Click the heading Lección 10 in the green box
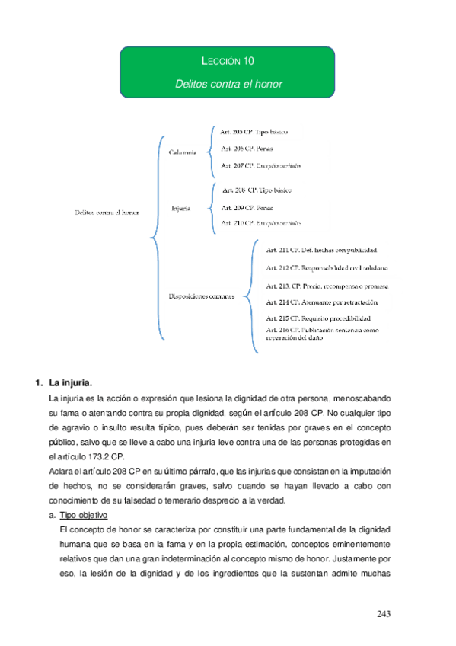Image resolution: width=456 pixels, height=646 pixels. tap(228, 62)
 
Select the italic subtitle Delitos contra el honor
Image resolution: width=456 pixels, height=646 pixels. tap(228, 83)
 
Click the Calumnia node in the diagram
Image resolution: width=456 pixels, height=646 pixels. tap(182, 152)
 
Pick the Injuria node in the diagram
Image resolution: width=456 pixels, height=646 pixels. tap(181, 208)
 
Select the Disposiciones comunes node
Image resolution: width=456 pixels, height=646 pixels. tap(201, 296)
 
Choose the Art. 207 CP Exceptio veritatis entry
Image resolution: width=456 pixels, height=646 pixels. tap(260, 165)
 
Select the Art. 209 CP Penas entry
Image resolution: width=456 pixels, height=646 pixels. tap(246, 207)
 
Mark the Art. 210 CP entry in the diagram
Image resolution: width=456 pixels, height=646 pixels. tap(260, 223)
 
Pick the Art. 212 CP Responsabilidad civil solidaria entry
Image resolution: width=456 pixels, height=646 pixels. tap(327, 268)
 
